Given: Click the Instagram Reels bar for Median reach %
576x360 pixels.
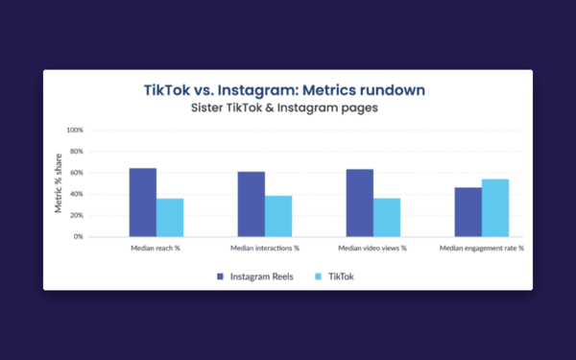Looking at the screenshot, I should pyautogui.click(x=143, y=203).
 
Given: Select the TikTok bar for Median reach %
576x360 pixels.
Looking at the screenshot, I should pyautogui.click(x=170, y=218).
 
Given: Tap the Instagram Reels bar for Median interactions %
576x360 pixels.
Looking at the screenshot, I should pyautogui.click(x=252, y=204).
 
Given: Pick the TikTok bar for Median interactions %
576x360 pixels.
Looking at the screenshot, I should pyautogui.click(x=278, y=216).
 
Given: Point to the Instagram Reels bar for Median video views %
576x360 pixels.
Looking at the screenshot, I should pyautogui.click(x=360, y=204).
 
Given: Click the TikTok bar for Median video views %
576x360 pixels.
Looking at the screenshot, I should pyautogui.click(x=387, y=218).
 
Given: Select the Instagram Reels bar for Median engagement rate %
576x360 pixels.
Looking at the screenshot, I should pyautogui.click(x=468, y=212).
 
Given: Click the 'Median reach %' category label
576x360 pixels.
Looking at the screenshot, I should pyautogui.click(x=156, y=249).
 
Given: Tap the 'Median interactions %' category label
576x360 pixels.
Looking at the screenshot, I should pyautogui.click(x=265, y=249).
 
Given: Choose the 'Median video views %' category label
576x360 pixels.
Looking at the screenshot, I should pyautogui.click(x=373, y=249).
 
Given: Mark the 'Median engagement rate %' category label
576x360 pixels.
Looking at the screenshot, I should pyautogui.click(x=482, y=249).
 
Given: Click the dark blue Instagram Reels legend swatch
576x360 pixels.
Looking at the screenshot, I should pyautogui.click(x=220, y=276).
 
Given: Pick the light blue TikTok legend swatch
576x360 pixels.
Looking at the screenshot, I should pyautogui.click(x=319, y=276).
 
